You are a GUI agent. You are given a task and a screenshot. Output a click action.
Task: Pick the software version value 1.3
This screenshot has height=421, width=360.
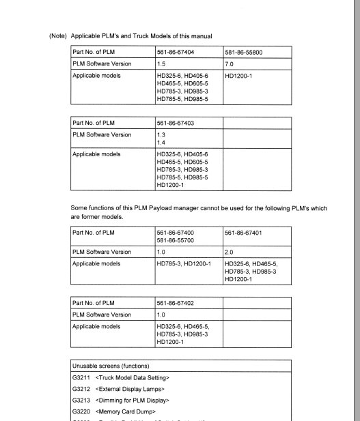(x=161, y=135)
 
